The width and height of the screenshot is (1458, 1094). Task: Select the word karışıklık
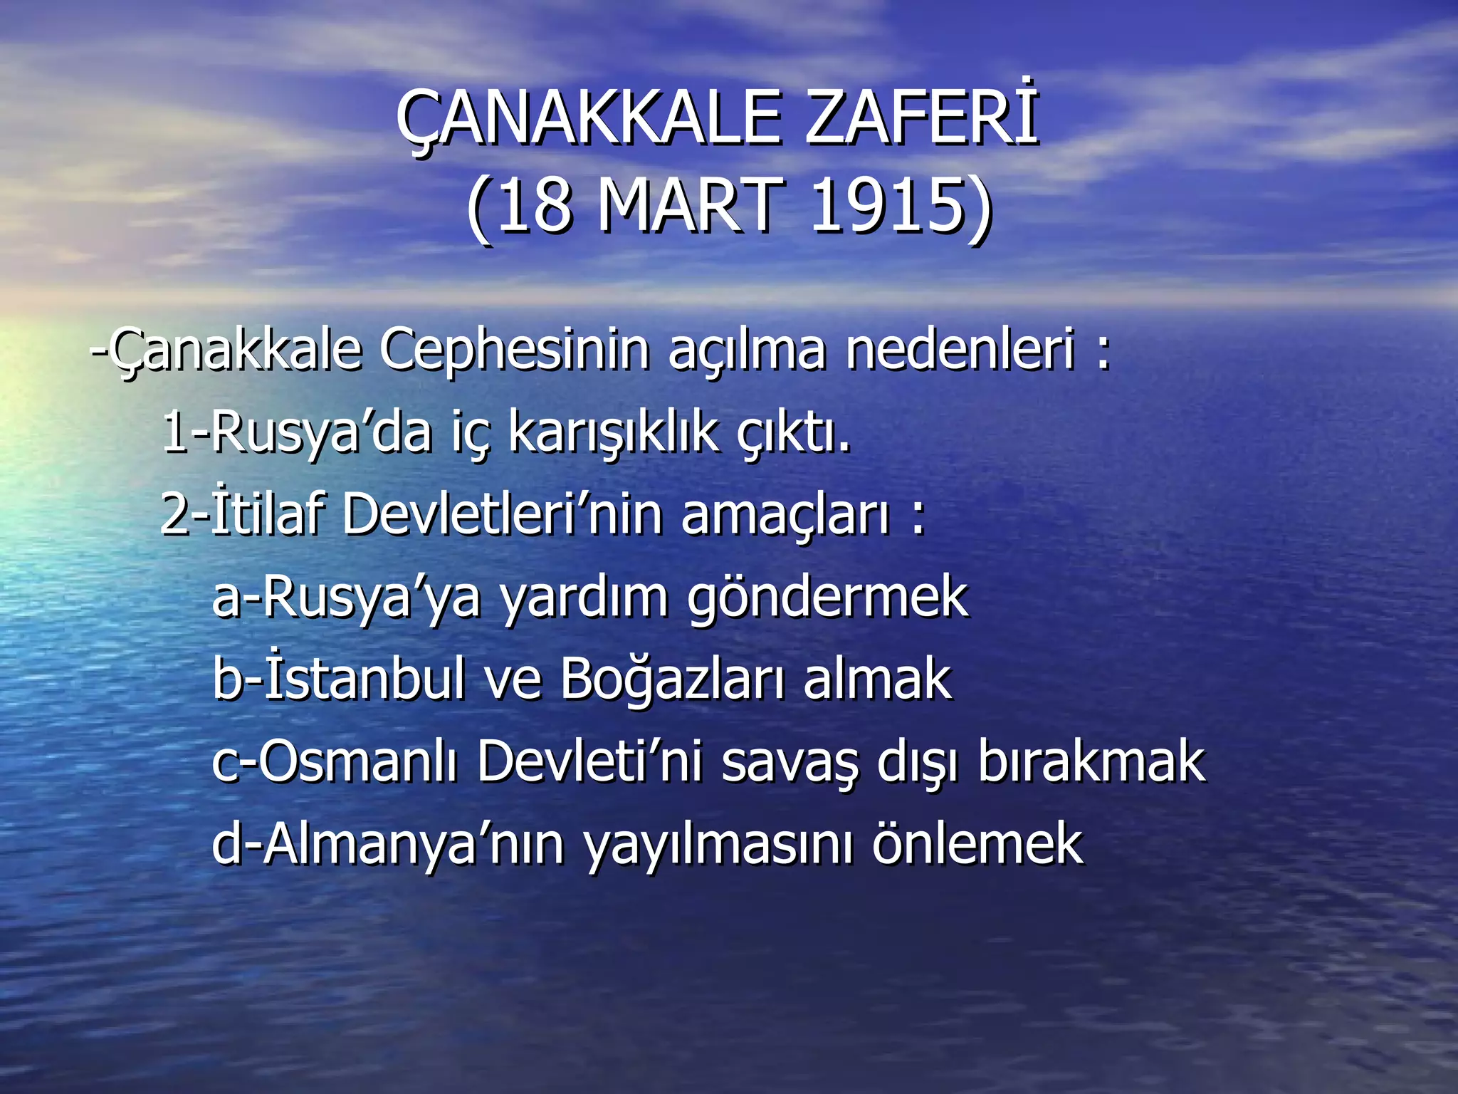pyautogui.click(x=613, y=432)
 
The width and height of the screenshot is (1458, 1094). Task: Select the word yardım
pyautogui.click(x=584, y=597)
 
